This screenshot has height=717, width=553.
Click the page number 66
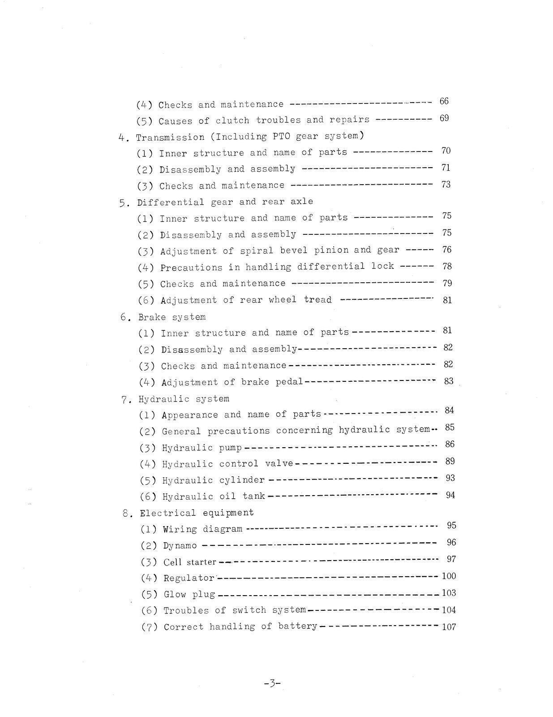(x=444, y=101)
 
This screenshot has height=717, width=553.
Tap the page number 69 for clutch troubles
(x=444, y=118)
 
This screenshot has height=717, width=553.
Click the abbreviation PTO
(x=282, y=136)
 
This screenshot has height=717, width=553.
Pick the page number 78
(x=447, y=266)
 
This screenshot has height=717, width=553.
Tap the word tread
(x=318, y=299)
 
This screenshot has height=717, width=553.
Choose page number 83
(x=449, y=381)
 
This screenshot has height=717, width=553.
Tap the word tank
(x=254, y=496)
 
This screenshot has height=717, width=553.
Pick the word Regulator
(x=189, y=578)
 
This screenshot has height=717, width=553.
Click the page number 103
(x=449, y=593)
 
